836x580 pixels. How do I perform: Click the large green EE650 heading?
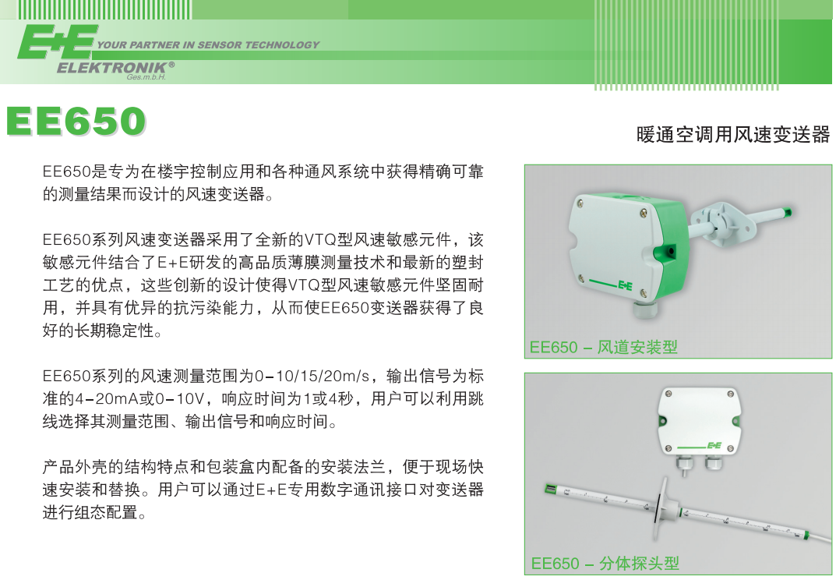tap(76, 122)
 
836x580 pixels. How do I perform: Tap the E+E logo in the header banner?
tap(57, 42)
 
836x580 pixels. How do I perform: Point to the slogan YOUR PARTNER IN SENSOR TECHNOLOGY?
tap(208, 45)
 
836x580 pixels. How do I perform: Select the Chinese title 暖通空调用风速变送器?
tap(732, 134)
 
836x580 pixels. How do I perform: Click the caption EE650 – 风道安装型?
tap(603, 347)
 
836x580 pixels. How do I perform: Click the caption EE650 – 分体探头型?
tap(605, 563)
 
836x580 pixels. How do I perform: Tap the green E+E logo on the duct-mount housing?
tap(625, 285)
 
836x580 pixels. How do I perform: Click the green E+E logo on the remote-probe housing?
tap(714, 445)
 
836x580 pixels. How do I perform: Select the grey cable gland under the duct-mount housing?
tap(644, 309)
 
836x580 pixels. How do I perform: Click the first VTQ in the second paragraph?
tap(317, 239)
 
